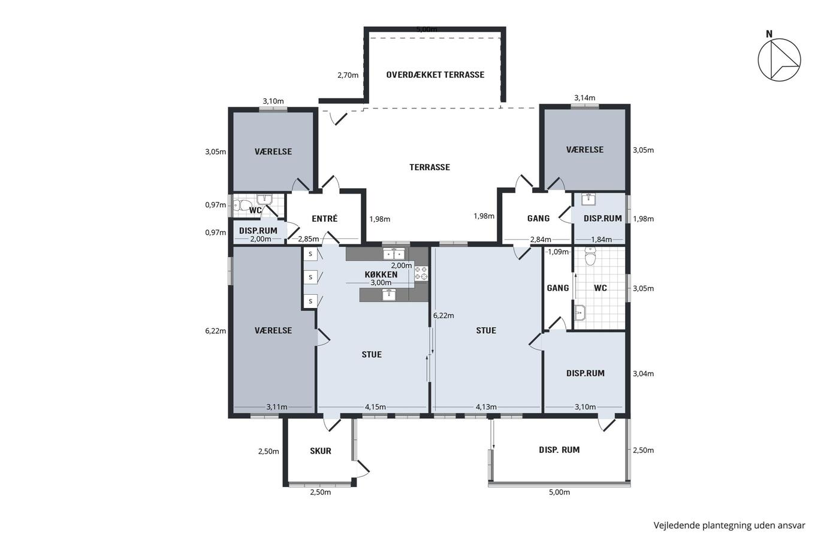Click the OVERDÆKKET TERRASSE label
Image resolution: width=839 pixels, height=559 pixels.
(435, 75)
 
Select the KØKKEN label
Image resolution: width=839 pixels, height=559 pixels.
(381, 274)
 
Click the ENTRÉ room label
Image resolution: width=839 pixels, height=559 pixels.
(324, 219)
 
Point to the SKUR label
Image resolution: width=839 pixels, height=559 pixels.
(321, 451)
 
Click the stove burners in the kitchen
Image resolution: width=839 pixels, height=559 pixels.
(421, 273)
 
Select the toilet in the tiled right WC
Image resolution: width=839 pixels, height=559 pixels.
(590, 256)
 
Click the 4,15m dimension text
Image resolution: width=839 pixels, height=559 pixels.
(375, 407)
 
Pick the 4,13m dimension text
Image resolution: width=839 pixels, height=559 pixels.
(486, 407)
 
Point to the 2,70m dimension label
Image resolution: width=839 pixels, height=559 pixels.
(348, 75)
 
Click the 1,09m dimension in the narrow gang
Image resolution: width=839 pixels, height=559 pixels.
(558, 252)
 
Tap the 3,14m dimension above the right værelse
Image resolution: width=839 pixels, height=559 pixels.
(585, 98)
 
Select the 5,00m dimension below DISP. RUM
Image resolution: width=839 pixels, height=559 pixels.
(560, 492)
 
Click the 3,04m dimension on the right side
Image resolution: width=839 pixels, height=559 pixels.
(644, 374)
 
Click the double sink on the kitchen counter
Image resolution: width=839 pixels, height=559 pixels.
(394, 253)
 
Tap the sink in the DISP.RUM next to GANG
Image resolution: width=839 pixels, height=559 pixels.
(588, 199)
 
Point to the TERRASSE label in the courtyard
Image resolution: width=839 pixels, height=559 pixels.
(430, 167)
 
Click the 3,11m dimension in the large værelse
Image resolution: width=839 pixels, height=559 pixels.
(277, 407)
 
